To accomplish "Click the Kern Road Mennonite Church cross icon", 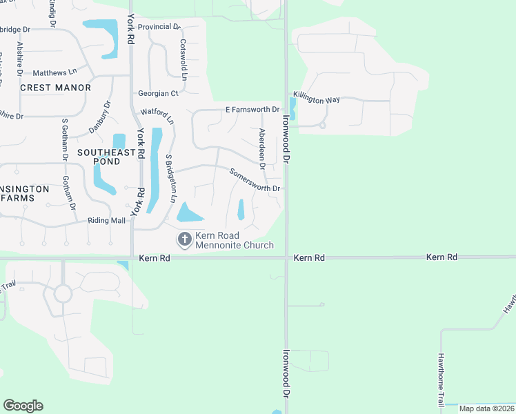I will coord(184,240).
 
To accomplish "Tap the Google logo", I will coord(23,406).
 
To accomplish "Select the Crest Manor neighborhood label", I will coord(56,88).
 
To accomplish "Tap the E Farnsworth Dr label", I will coord(252,110).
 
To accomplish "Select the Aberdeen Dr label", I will coord(262,148).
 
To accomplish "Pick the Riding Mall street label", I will coord(106,221).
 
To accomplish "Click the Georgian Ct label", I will coord(158,93).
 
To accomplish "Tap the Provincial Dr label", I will coord(159,27).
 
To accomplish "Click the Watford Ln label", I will coord(158,113).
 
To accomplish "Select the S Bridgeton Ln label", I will coord(168,177).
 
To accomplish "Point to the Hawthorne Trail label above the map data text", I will coord(440,379).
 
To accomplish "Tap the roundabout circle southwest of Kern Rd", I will coord(63,294).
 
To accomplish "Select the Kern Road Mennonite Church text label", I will coord(235,240).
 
